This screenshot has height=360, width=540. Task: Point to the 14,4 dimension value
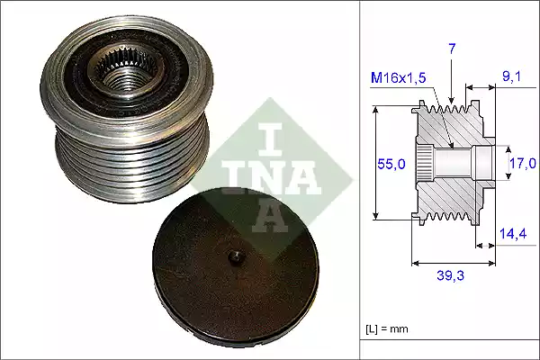[x=513, y=232]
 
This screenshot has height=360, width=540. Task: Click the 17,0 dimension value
[x=522, y=163]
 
